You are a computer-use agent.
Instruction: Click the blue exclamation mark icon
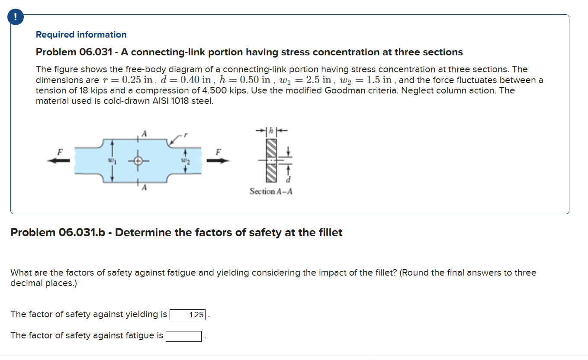point(16,17)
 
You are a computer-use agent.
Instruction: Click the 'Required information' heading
point(81,35)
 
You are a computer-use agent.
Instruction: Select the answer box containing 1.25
point(189,315)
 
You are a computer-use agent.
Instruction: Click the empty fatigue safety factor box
point(183,336)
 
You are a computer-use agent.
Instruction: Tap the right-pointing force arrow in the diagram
point(218,161)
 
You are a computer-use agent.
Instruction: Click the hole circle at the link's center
point(138,161)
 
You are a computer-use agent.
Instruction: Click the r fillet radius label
point(186,135)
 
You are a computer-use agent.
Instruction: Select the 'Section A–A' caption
point(271,191)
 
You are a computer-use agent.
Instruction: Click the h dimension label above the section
point(271,130)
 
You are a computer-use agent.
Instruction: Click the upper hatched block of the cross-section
point(271,147)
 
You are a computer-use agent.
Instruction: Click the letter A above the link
point(144,134)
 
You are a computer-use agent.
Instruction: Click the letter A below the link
point(144,188)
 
